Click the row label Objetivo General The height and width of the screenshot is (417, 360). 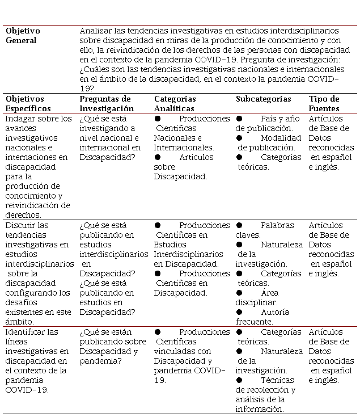(23, 35)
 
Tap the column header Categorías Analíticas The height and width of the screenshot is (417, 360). (175, 104)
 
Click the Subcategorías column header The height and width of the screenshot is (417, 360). (263, 99)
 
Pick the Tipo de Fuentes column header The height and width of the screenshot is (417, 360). (324, 104)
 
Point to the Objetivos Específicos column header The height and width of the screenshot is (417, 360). (28, 104)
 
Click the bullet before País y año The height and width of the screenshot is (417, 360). (239, 119)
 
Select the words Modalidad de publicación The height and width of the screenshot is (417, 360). (269, 142)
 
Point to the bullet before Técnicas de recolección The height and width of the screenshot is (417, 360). (239, 380)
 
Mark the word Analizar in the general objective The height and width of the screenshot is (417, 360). (96, 31)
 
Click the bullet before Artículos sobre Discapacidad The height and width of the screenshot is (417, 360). (158, 157)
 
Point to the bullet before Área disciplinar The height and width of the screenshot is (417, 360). (239, 293)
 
